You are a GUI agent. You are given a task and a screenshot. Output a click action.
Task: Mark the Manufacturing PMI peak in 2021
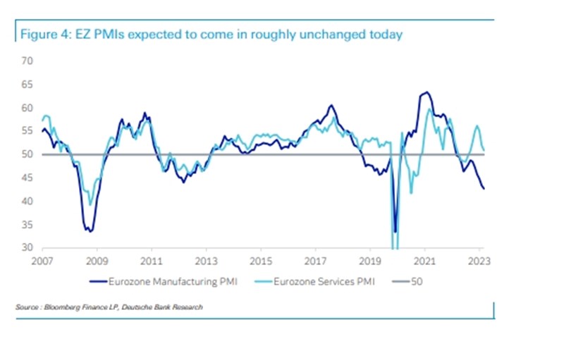426,92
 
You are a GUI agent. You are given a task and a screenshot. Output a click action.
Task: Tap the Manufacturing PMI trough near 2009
89,230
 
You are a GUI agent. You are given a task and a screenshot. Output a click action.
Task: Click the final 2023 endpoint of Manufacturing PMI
484,189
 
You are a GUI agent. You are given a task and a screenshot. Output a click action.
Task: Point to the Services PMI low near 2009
90,205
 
